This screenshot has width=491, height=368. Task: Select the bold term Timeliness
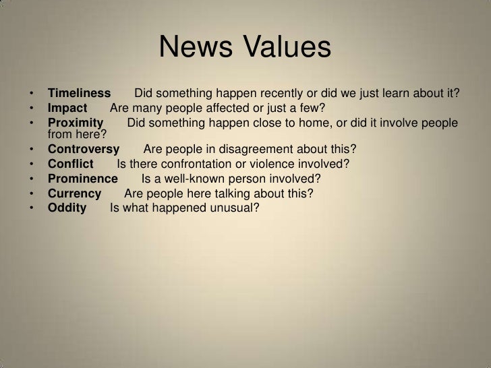point(78,93)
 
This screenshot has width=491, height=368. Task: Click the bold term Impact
point(67,109)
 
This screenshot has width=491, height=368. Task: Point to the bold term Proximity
point(75,123)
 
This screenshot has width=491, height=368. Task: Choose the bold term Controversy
point(84,149)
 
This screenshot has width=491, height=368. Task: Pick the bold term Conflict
point(71,164)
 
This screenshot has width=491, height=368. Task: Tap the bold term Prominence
point(82,179)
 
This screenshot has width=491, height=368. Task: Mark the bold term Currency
point(74,193)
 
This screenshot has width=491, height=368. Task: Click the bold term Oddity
point(67,208)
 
